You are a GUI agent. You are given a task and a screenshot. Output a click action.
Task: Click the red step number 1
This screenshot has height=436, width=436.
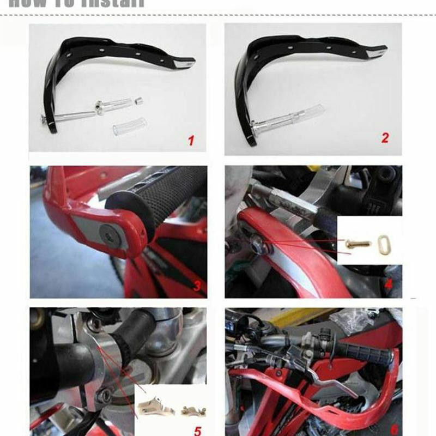coord(191,141)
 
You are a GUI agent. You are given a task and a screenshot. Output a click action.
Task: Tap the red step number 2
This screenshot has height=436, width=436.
coord(385,138)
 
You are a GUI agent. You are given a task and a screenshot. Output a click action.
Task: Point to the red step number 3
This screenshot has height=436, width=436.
coord(197,284)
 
